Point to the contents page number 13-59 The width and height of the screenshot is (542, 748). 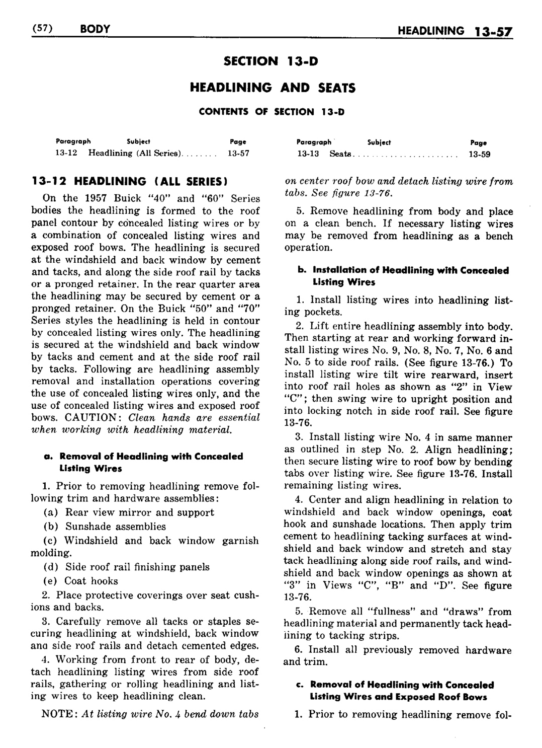[479, 154]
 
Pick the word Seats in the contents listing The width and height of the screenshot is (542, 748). [339, 154]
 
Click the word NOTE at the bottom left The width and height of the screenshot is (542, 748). [58, 714]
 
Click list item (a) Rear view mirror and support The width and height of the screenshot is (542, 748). [129, 512]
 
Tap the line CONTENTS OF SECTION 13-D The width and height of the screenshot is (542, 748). [272, 112]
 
